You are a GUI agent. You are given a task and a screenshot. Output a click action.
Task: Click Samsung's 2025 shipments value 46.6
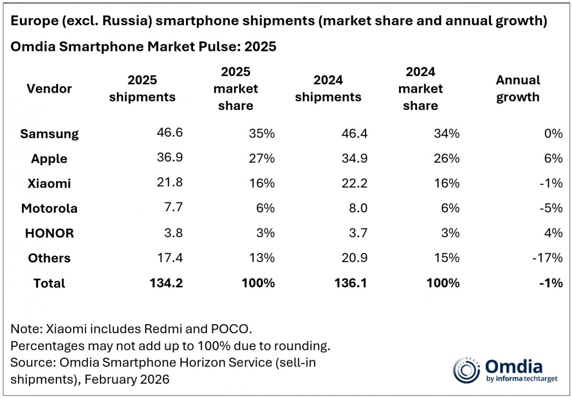[x=169, y=133]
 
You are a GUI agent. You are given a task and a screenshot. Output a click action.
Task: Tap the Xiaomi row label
[x=49, y=183]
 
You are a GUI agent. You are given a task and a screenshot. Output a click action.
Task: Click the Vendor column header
[x=49, y=89]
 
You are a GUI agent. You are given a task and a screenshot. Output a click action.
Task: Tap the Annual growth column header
[x=518, y=89]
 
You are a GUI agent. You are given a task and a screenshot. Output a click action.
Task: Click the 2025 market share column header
[x=235, y=89]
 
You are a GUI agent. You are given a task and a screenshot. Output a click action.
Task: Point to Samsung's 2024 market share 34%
[x=447, y=133]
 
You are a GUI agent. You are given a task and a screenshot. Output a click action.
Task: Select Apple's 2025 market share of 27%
[x=262, y=159]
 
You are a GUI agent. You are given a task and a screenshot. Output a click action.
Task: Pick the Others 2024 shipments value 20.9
[x=354, y=258]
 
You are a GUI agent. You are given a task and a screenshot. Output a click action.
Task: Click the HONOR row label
[x=49, y=233]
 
